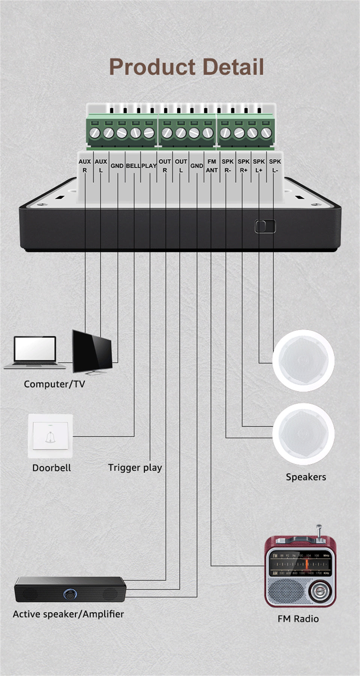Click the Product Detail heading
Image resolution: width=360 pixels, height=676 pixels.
point(186,67)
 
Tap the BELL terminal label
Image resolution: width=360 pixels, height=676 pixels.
point(133,166)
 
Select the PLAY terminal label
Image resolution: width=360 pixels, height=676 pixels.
point(149,166)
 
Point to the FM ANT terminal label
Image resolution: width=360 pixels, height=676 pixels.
point(211,166)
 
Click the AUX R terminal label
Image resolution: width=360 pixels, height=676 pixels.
point(85,166)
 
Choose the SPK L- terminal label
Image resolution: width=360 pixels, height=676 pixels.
point(275,166)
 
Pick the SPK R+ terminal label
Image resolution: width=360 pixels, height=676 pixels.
point(243,166)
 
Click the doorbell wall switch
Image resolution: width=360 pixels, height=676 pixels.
point(50,436)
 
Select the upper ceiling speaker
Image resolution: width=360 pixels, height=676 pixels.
point(303,360)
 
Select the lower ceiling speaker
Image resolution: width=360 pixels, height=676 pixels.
point(303,434)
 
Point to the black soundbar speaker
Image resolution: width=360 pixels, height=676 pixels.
point(70,589)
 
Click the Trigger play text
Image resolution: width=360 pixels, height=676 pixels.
point(135,468)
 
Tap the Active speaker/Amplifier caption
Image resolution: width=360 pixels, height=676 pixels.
point(68,614)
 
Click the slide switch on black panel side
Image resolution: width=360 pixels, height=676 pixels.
point(265,226)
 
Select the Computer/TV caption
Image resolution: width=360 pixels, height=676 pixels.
point(54,384)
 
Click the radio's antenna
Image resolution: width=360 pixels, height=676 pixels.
point(319,532)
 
